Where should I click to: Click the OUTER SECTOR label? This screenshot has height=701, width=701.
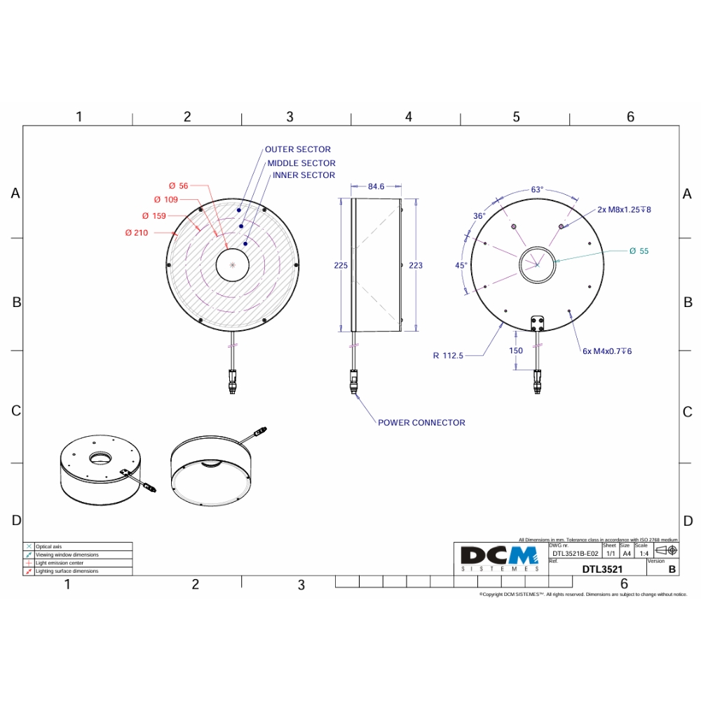click(297, 149)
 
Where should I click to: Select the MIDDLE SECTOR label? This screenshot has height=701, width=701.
click(301, 163)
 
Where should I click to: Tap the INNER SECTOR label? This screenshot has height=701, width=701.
click(304, 175)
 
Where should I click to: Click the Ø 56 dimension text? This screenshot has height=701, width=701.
click(179, 186)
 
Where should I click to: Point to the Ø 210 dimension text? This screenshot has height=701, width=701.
click(137, 233)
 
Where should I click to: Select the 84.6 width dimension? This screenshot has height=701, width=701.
click(376, 186)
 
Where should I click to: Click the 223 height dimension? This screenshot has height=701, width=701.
click(416, 265)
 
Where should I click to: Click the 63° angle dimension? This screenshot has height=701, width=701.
click(537, 189)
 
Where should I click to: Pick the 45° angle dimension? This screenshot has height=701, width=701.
click(461, 265)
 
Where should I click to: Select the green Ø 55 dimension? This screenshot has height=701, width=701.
click(639, 250)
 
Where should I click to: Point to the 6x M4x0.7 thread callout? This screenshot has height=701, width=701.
click(607, 350)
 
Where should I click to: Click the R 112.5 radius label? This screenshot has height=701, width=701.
click(448, 355)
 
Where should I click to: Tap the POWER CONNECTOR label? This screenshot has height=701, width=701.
click(421, 423)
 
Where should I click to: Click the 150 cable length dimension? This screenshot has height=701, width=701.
click(516, 350)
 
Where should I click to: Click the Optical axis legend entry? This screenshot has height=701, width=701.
click(48, 546)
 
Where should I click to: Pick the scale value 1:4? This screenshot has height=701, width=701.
click(644, 553)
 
